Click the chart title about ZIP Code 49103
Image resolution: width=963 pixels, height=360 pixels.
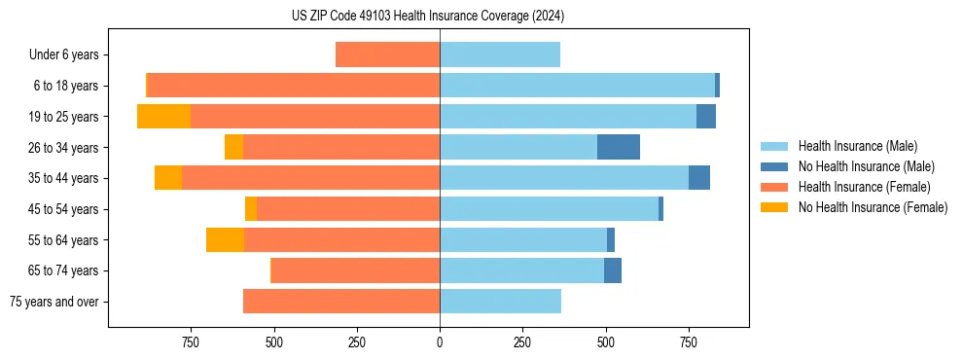[x=428, y=17]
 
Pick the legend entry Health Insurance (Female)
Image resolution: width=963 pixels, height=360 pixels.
[x=857, y=187]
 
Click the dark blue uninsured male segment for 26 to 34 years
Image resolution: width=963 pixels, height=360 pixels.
[x=619, y=147]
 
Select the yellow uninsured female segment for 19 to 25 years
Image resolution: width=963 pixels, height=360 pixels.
[x=163, y=117]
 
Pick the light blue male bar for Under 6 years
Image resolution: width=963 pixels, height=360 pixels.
[x=500, y=55]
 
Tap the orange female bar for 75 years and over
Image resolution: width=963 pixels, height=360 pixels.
[x=341, y=302]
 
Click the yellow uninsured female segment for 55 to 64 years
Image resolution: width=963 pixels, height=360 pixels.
[x=225, y=240]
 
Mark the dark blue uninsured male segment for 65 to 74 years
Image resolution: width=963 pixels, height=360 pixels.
[x=613, y=270]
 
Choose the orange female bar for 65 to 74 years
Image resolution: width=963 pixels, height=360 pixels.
[x=355, y=270]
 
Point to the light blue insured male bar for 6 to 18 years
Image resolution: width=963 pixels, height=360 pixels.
[x=577, y=86]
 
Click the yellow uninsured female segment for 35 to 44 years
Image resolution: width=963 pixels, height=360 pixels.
[x=168, y=178]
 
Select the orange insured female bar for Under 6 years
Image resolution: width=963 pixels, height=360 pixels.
[x=387, y=55]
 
